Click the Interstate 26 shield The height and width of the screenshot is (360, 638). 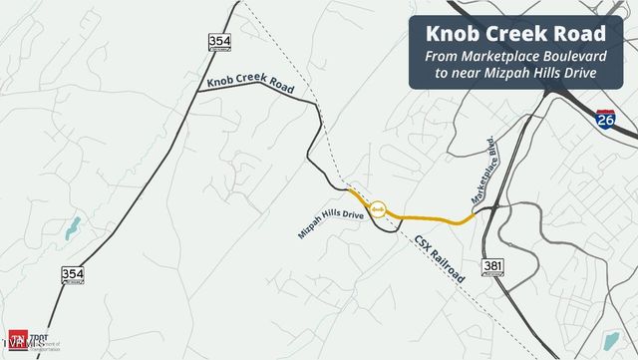coord(606,122)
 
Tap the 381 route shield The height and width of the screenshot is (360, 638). coord(491,266)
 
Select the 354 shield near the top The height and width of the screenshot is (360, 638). coord(219,42)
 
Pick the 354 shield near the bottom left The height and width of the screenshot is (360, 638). coord(73,275)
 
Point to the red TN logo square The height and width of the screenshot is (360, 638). coord(17,338)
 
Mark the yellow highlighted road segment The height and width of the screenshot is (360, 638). coord(429,217)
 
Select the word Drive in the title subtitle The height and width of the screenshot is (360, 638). coord(576,75)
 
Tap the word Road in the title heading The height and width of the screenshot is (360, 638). coord(583,34)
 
